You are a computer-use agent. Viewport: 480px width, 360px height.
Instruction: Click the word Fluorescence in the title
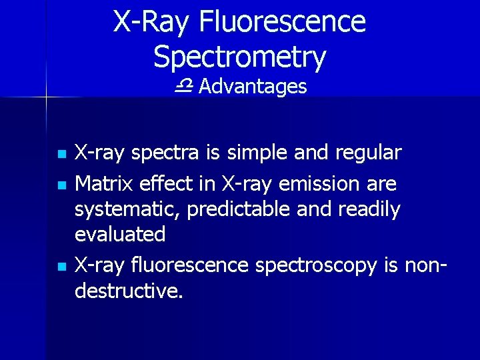pyautogui.click(x=283, y=21)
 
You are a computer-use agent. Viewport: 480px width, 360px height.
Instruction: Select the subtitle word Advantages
pyautogui.click(x=252, y=87)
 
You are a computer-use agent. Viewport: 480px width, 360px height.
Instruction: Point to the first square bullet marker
pyautogui.click(x=62, y=154)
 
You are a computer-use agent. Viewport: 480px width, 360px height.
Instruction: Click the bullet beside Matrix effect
pyautogui.click(x=62, y=183)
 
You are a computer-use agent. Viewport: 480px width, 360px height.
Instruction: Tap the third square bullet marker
pyautogui.click(x=62, y=266)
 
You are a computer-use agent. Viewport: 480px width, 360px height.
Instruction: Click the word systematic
pyautogui.click(x=127, y=209)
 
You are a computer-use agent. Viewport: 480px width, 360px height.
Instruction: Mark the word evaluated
pyautogui.click(x=120, y=235)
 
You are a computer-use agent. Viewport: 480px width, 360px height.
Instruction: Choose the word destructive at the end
pyautogui.click(x=127, y=291)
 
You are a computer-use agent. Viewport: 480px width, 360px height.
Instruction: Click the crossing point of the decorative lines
pyautogui.click(x=45, y=97)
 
